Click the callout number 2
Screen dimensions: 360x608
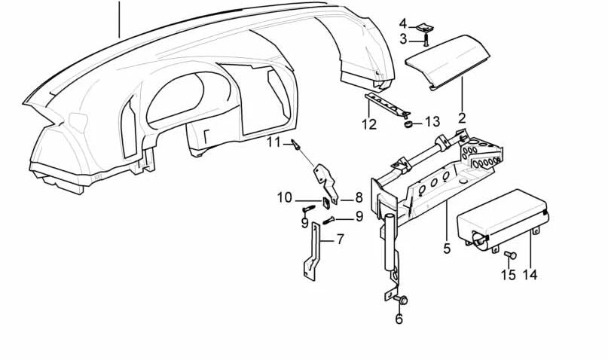pyautogui.click(x=461, y=118)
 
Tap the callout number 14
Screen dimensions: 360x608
pyautogui.click(x=530, y=275)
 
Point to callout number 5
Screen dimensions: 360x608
pyautogui.click(x=446, y=248)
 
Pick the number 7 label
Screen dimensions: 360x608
pyautogui.click(x=340, y=239)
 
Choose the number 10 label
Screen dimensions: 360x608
pyautogui.click(x=284, y=198)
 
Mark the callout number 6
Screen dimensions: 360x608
pyautogui.click(x=399, y=319)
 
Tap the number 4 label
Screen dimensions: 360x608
pyautogui.click(x=403, y=23)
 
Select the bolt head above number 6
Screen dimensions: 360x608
pyautogui.click(x=402, y=301)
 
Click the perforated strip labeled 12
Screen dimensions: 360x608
pyautogui.click(x=386, y=104)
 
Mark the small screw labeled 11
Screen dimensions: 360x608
pyautogui.click(x=296, y=144)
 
